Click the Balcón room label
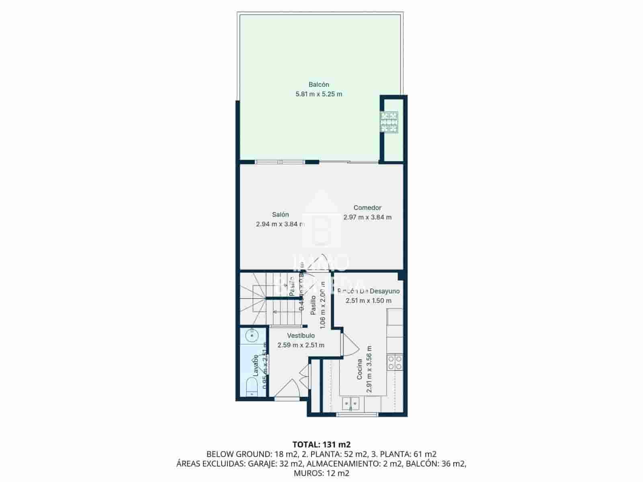319,84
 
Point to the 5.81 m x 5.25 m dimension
319,94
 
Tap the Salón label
280,214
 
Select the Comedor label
367,208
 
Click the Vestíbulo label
301,335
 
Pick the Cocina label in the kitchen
360,369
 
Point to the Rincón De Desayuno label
369,291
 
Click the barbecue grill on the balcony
389,122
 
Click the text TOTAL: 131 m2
321,444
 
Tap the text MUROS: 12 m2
321,473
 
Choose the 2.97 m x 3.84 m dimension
367,217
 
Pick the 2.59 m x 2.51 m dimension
301,345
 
